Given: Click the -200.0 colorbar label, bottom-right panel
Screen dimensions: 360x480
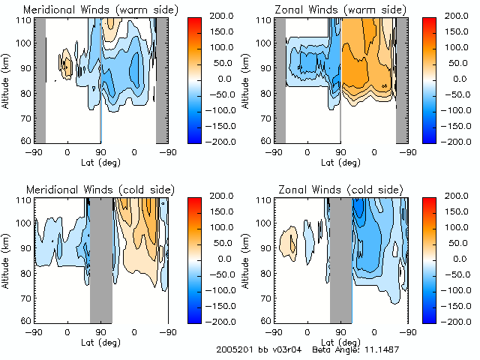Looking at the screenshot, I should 454,322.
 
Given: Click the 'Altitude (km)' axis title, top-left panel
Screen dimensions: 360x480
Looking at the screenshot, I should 6,79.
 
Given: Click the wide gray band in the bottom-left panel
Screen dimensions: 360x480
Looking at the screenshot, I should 100,259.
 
